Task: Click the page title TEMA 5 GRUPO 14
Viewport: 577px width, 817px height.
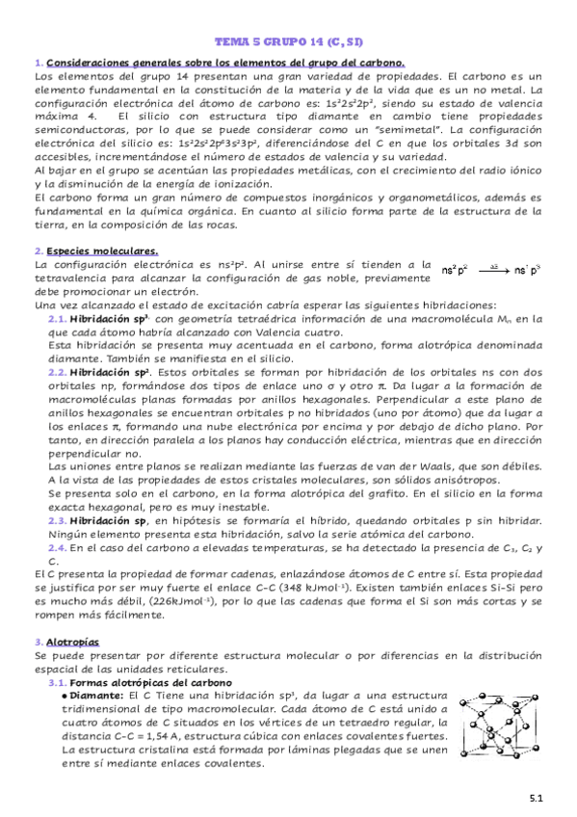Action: point(288,43)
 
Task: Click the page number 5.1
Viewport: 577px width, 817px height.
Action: point(537,798)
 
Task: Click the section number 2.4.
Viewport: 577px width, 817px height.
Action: point(57,547)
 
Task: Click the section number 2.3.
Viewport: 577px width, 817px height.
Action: point(57,519)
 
